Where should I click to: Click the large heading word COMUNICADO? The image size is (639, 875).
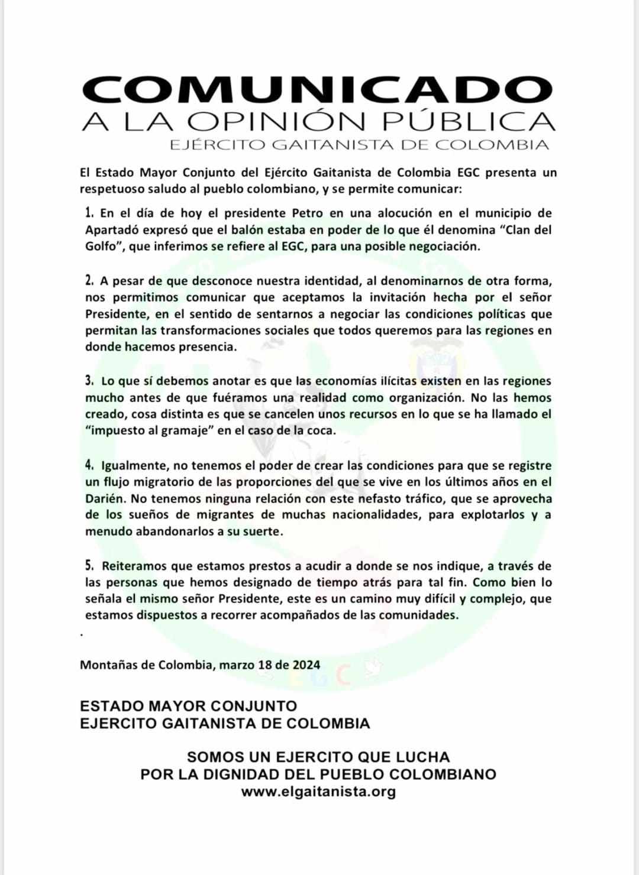[x=318, y=90]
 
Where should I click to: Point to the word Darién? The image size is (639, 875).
[x=105, y=498]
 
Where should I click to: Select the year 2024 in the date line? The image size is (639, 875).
[x=306, y=665]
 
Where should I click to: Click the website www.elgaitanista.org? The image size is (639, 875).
[x=318, y=792]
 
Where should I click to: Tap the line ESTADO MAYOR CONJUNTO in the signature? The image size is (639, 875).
[x=188, y=706]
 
